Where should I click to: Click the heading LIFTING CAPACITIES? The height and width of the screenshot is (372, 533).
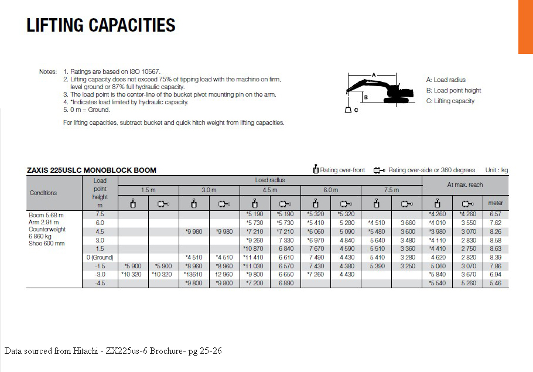point(101,25)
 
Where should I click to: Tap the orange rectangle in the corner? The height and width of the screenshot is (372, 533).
point(525,26)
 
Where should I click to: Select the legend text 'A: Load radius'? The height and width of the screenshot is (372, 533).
point(446,80)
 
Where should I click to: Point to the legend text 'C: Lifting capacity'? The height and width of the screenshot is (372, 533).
point(450,101)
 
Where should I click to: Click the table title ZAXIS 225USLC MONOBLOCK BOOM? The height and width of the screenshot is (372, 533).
point(92,170)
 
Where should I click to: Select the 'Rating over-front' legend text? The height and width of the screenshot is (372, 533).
point(342,170)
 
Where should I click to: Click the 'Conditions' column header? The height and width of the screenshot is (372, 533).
point(43,193)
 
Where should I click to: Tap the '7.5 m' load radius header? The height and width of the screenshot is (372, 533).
point(391,190)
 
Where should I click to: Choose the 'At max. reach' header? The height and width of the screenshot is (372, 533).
point(465,185)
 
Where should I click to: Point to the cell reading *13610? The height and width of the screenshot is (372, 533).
point(193,274)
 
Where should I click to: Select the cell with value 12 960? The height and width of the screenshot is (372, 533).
point(224,274)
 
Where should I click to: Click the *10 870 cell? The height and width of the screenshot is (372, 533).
point(254,248)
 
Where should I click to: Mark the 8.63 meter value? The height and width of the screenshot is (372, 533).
point(495,248)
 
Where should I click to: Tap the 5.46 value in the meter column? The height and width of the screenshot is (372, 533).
point(495,283)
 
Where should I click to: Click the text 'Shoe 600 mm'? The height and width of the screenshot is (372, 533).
point(47,243)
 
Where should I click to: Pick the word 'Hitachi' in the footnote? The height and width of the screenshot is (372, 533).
point(88,351)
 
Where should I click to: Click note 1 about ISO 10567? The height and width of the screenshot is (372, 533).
point(107,71)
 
